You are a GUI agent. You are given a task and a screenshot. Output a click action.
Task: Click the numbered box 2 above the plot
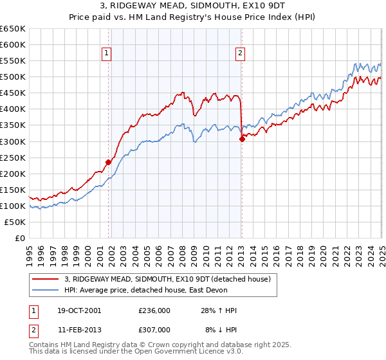coord(240,54)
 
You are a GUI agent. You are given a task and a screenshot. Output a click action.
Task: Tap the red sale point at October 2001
coord(108,162)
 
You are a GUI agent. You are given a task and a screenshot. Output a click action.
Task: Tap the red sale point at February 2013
coord(242,139)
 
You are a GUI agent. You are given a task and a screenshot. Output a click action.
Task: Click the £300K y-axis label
coord(13,141)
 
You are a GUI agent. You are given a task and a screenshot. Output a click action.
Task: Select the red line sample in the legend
coord(46,279)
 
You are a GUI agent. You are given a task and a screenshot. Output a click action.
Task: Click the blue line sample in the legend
coord(46,290)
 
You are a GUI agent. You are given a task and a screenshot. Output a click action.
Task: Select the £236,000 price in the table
coord(154,311)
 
